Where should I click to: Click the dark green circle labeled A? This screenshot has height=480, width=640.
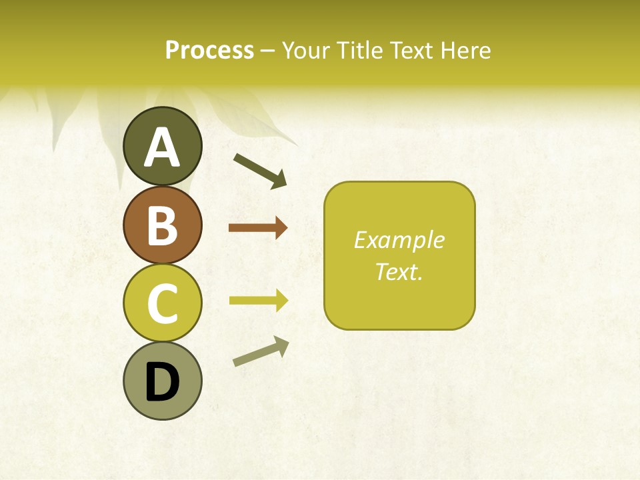coord(163,147)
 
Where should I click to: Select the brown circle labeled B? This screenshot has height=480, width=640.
coord(163,225)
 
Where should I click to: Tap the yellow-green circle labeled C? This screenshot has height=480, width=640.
coord(163,303)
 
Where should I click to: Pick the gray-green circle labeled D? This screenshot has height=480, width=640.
coord(163,381)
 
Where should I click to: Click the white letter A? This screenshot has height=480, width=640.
coord(163,147)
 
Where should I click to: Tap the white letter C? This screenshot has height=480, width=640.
coord(163,303)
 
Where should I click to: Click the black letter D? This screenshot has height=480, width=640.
coord(163,382)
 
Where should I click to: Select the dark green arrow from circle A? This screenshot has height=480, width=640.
coord(260,170)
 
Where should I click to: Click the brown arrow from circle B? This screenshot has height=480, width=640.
coord(257,228)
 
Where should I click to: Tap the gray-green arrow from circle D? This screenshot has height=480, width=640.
coord(261,351)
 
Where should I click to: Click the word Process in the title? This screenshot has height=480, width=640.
coord(209,51)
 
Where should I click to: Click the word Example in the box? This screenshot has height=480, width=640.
coord(399,240)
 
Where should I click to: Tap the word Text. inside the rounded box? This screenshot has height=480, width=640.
coord(399,272)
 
